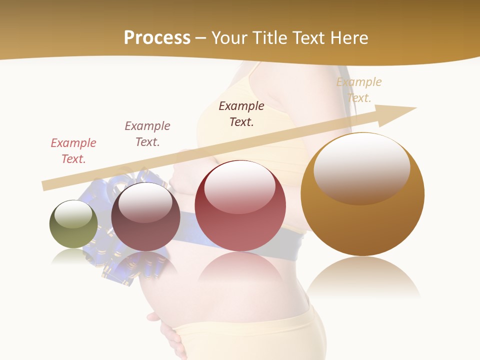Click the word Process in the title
click(157, 37)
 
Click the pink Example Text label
click(73, 150)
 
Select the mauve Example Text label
click(147, 133)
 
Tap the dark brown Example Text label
click(241, 113)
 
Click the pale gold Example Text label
click(358, 89)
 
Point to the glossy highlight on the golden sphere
click(362, 167)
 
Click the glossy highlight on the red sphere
click(239, 186)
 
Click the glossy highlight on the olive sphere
click(73, 214)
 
